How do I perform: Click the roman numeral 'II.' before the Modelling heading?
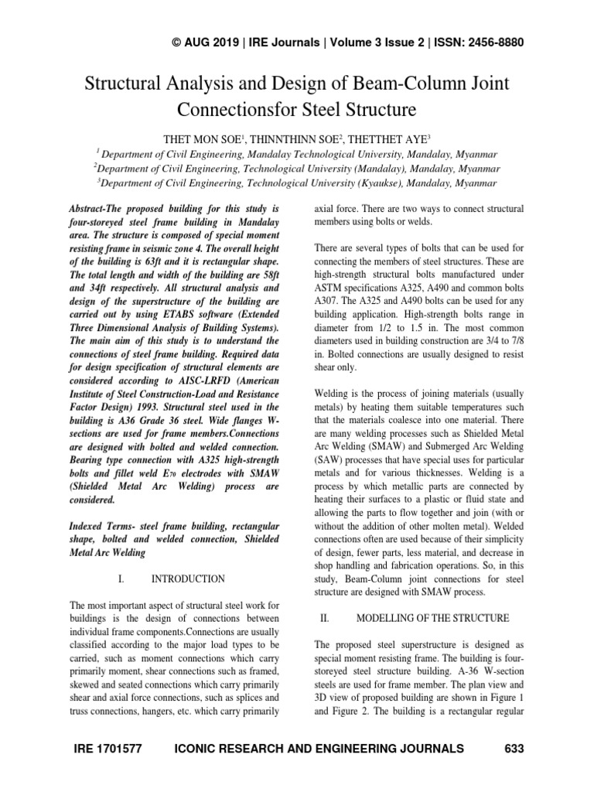click(x=325, y=619)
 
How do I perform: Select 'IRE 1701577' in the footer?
click(x=105, y=749)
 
